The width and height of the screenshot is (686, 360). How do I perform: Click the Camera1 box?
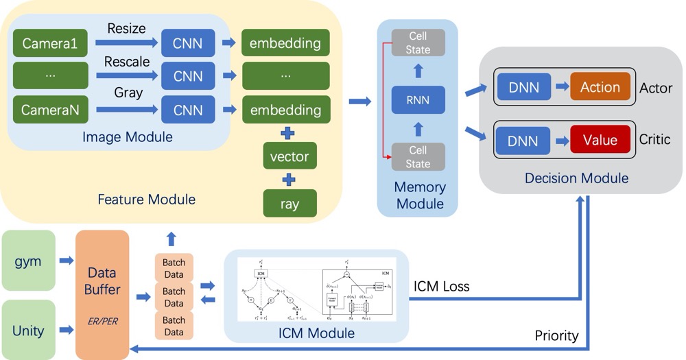[51, 43]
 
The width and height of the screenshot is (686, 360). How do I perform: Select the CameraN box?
[51, 110]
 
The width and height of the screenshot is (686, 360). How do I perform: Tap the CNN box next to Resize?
[188, 43]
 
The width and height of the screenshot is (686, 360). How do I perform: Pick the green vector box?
[289, 156]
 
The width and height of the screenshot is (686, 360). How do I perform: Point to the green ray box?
[289, 204]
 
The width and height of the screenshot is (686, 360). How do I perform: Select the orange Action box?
[600, 87]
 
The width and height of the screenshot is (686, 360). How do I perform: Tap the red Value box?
[600, 140]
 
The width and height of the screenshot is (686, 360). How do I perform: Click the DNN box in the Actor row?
[523, 87]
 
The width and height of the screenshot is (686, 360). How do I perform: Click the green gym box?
[28, 261]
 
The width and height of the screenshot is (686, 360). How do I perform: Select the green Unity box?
[28, 331]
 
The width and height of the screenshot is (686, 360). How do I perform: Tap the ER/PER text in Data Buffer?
[102, 321]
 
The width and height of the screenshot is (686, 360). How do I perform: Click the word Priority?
[556, 336]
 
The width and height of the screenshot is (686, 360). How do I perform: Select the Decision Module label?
[576, 178]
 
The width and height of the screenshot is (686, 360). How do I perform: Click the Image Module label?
[128, 137]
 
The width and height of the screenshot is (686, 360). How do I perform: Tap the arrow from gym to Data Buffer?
[67, 261]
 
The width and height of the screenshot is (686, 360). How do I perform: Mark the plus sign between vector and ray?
[289, 180]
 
